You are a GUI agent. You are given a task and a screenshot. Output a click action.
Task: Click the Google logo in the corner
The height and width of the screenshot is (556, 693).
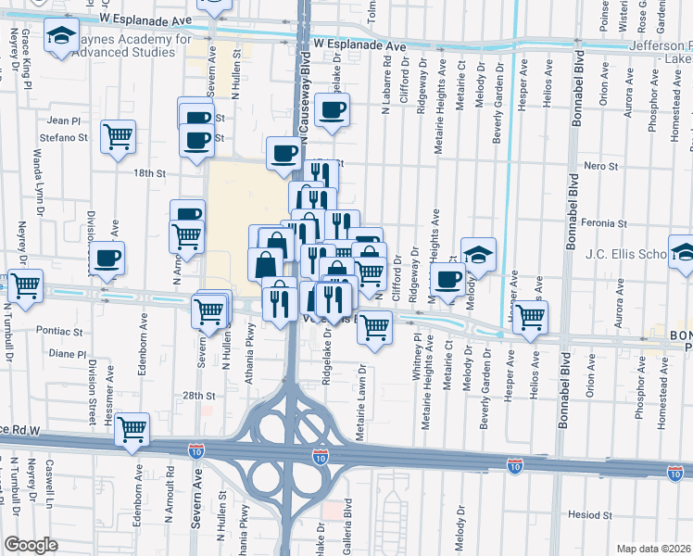[31, 545]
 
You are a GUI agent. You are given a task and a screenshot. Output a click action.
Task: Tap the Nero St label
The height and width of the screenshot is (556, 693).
[600, 166]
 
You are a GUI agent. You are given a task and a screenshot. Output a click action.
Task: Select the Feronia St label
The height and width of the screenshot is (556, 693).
[609, 223]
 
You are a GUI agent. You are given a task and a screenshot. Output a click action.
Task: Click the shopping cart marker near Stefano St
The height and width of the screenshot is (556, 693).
[119, 137]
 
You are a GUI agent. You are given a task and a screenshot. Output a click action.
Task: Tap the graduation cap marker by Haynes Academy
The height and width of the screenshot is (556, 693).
[61, 37]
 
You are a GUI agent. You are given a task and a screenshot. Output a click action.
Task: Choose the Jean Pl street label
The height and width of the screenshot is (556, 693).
[64, 120]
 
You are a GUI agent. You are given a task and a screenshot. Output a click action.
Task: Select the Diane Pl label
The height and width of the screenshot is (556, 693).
[67, 353]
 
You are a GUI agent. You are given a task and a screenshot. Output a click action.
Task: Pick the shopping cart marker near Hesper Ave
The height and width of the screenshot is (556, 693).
[530, 316]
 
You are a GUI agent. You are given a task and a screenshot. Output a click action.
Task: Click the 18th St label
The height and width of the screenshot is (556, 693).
[148, 173]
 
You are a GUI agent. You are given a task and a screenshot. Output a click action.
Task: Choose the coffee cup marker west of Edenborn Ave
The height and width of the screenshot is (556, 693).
[107, 257]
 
